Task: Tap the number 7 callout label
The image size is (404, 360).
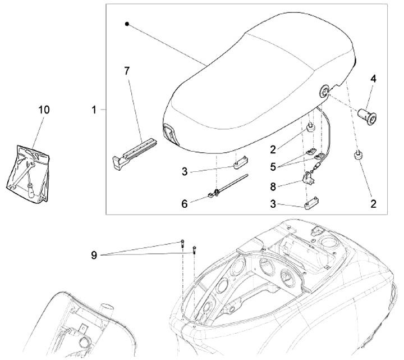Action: [x=127, y=71]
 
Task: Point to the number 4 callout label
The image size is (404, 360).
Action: [x=371, y=80]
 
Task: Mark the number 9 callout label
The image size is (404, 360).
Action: [x=94, y=255]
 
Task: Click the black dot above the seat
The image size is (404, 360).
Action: [x=127, y=24]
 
